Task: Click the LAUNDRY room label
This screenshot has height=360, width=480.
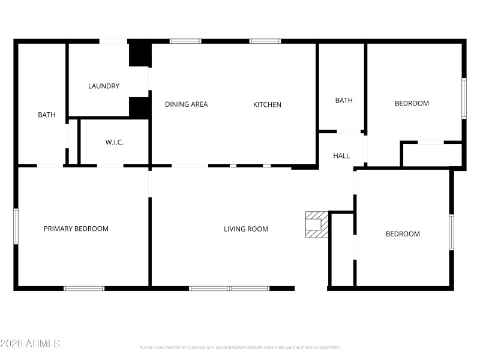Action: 104,86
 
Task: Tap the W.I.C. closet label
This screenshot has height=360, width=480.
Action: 114,142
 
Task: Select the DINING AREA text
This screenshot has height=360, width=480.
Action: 186,104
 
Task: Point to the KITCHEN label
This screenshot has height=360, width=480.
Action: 267,104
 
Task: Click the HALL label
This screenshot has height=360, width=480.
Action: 341,156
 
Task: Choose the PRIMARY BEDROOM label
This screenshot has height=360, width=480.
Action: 76,229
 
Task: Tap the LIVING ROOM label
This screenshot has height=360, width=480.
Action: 246,229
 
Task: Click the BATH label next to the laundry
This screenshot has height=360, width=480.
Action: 46,115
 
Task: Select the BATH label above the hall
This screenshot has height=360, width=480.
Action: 344,100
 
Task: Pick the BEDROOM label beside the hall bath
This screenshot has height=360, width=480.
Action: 412,103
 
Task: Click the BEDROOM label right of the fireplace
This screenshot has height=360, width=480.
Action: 403,234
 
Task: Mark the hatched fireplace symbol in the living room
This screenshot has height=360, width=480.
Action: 316,224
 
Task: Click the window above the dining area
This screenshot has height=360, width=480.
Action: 185,41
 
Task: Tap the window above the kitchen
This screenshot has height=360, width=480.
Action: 265,41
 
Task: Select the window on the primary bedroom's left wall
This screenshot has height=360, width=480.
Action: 16,226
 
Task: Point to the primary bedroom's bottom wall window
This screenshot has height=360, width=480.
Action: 84,289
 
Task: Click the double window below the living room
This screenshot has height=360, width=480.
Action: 229,289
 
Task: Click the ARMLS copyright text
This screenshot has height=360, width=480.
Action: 30,344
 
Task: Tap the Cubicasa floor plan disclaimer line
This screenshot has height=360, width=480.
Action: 240,347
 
